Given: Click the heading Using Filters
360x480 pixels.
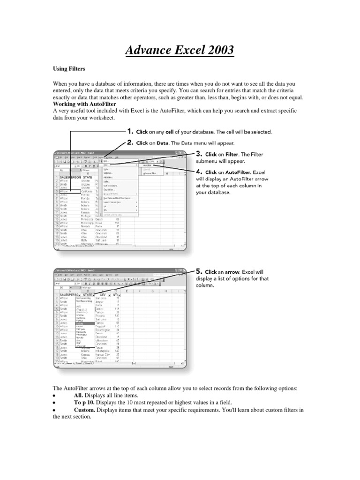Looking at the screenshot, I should point(69,68).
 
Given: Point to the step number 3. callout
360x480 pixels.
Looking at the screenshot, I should point(200,153).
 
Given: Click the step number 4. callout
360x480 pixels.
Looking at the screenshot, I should point(200,172).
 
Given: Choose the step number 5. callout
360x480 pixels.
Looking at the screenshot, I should point(200,271).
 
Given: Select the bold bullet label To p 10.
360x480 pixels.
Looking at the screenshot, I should point(84,403).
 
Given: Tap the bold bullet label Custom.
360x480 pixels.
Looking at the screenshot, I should point(84,410).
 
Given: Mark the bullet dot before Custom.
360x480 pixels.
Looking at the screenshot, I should point(55,410).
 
